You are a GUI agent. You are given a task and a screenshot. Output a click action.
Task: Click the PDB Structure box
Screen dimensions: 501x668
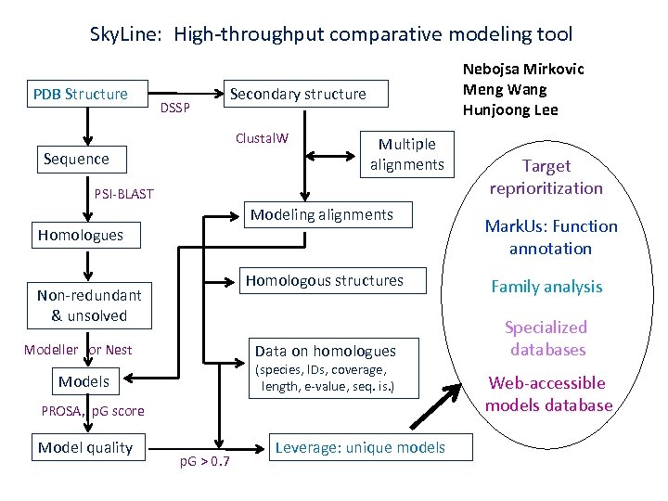tap(81, 94)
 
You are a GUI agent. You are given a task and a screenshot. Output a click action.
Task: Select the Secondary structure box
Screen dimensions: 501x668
tap(298, 94)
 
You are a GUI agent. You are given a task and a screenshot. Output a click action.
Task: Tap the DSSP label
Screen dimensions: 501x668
tap(174, 109)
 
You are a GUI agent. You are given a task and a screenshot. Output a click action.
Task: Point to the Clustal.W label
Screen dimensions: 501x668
tap(262, 139)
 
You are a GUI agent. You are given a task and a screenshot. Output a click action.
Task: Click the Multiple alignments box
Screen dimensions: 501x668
tap(406, 154)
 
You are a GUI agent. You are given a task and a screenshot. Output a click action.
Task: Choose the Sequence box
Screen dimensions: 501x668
tap(76, 159)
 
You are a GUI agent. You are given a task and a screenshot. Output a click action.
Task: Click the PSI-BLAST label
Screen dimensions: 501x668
tap(124, 194)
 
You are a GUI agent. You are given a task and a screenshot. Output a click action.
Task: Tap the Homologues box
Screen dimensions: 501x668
tap(81, 235)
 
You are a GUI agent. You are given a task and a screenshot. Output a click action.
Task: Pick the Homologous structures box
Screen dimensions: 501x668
tap(324, 280)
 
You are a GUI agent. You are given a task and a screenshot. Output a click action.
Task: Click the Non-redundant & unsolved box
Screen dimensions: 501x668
tap(89, 305)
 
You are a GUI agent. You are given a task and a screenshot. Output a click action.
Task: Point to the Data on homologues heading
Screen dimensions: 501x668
tap(325, 351)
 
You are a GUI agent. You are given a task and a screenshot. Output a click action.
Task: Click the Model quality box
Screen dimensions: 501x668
tap(85, 448)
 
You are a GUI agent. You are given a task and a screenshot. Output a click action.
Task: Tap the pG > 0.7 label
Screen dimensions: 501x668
tap(204, 461)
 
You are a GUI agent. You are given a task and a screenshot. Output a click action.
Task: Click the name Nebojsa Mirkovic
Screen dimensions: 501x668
tap(523, 70)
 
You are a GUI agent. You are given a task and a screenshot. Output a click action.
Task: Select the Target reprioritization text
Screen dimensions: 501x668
tap(546, 177)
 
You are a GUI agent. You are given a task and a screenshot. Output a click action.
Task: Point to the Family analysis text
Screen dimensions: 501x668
tap(546, 287)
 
